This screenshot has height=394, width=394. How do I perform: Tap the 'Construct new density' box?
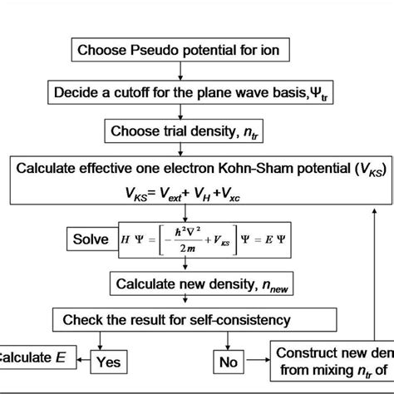pos(332,361)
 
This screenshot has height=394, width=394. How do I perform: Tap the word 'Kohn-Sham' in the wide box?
pos(242,169)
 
